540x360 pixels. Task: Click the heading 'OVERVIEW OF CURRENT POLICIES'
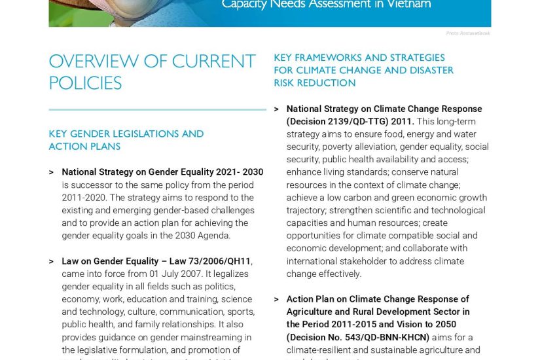152,72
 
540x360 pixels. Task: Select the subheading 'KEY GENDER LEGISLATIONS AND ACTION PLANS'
126,140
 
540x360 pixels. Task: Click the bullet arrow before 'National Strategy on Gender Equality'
51,173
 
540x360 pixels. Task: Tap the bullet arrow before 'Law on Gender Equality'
51,262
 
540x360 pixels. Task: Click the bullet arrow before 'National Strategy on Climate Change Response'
276,109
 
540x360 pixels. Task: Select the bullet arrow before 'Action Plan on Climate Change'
276,300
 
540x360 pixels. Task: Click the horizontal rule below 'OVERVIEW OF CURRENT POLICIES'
157,109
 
